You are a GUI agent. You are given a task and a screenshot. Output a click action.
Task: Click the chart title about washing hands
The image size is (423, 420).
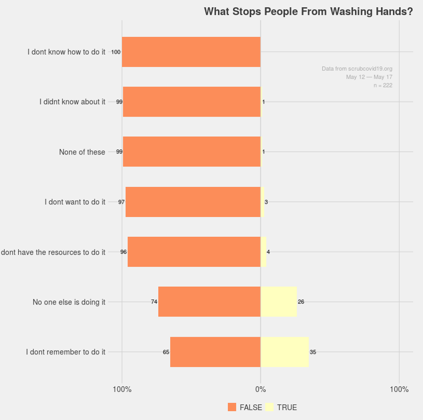(309, 11)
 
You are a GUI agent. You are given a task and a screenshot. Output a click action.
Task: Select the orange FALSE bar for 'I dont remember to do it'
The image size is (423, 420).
(215, 352)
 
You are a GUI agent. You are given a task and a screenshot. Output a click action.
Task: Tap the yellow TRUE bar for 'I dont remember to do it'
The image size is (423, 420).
(285, 352)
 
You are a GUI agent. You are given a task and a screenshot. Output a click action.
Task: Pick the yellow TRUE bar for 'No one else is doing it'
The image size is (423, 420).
(278, 302)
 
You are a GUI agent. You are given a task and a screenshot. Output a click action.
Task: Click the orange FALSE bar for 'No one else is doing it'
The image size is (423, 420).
(209, 302)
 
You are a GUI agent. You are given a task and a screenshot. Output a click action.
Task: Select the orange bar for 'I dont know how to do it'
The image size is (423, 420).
(191, 52)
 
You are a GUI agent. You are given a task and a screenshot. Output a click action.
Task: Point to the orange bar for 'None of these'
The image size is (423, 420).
(191, 152)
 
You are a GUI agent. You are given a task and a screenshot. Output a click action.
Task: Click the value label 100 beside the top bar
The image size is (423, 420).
(116, 52)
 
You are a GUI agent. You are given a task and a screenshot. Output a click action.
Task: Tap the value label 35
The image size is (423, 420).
(313, 352)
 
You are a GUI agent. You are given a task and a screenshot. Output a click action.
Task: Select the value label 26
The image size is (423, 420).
(301, 302)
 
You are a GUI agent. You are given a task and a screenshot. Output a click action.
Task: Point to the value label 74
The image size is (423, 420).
(154, 302)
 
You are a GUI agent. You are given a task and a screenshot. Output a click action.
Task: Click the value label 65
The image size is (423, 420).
(166, 352)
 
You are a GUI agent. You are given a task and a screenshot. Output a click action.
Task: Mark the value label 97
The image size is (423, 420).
(121, 202)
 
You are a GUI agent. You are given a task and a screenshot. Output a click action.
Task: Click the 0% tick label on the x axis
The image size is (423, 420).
(260, 389)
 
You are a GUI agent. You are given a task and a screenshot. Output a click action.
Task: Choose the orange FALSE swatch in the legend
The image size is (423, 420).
(232, 408)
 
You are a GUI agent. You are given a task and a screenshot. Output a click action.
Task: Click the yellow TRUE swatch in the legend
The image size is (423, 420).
(270, 408)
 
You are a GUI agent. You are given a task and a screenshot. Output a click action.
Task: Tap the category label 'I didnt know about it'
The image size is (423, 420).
(72, 102)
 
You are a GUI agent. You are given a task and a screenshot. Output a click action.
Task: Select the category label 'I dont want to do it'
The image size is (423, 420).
(75, 202)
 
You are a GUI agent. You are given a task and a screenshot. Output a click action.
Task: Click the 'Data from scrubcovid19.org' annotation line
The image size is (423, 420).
(357, 69)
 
